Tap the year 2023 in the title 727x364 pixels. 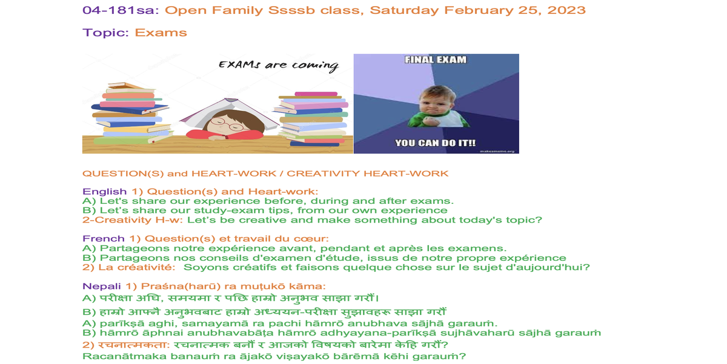pos(566,10)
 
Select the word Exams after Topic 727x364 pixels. pos(161,33)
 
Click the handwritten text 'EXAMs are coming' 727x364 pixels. pos(279,66)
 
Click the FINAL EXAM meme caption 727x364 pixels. pos(436,60)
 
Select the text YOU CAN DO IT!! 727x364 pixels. pos(435,143)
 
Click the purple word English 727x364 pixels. pos(104,192)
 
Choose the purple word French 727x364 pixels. pos(104,238)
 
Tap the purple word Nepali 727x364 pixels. pos(102,286)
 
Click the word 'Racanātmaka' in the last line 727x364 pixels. pos(124,356)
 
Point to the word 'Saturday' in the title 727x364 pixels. pos(404,10)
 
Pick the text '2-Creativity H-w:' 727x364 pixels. pos(133,220)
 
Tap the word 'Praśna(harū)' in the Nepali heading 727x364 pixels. pos(181,286)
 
